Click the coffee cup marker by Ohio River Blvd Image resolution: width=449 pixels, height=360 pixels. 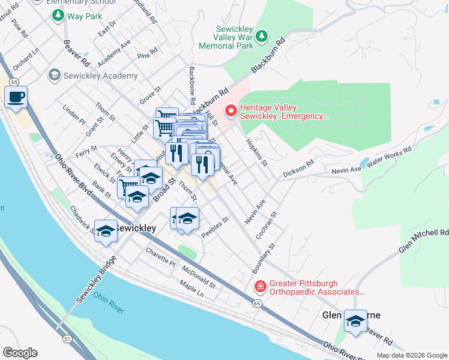coord(16,96)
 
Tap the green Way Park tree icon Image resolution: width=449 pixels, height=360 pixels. coord(58,15)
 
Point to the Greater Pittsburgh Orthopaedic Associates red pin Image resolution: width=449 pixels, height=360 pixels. coord(259,287)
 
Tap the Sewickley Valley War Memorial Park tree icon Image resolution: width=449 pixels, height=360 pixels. coord(262,37)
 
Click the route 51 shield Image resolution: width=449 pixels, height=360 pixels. coord(67,340)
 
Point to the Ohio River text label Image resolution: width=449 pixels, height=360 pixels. coord(109,301)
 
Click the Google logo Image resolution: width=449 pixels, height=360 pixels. coord(19,353)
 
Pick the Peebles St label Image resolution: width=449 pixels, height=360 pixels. coord(215,228)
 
